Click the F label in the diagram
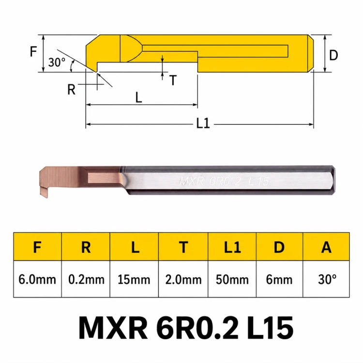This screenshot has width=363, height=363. point(33,51)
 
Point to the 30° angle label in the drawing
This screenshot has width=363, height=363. point(57,62)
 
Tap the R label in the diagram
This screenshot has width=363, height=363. point(71,90)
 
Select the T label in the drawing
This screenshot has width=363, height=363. point(173,80)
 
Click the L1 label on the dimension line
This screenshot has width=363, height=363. point(203,123)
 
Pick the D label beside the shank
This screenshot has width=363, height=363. point(333,55)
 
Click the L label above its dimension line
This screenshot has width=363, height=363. point(138,97)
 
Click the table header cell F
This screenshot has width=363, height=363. point(37,247)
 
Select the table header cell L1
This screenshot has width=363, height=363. point(232,247)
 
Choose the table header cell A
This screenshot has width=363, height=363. point(326,247)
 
